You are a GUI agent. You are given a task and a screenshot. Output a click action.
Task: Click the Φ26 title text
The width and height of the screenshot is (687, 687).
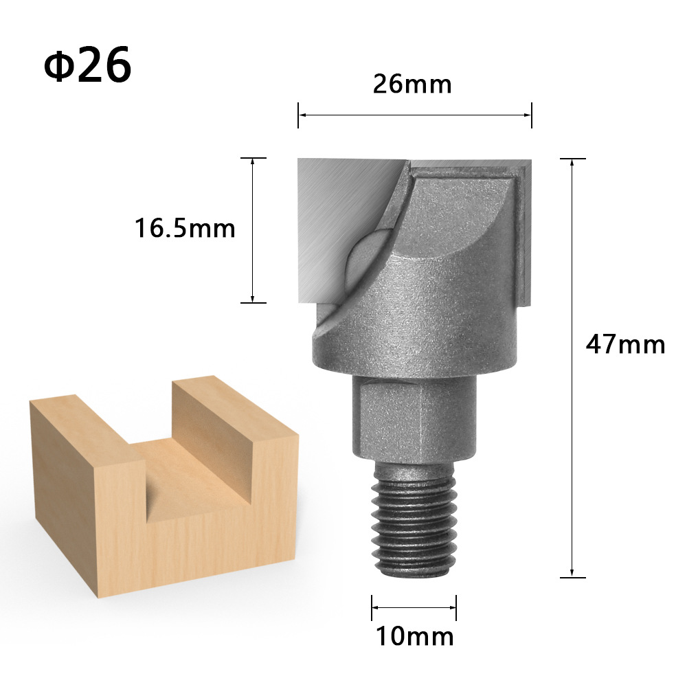pos(87,65)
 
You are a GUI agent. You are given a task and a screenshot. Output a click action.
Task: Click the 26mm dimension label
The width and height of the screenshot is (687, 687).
pos(412,85)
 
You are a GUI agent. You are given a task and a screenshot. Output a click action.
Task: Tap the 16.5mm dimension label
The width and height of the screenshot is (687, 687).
pos(184,228)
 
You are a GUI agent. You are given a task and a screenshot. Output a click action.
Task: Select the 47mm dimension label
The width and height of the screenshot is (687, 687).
pos(625,343)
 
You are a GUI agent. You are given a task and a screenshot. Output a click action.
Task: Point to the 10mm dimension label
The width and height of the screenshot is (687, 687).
pos(414,636)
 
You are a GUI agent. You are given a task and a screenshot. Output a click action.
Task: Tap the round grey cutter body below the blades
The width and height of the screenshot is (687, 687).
pos(419,323)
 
